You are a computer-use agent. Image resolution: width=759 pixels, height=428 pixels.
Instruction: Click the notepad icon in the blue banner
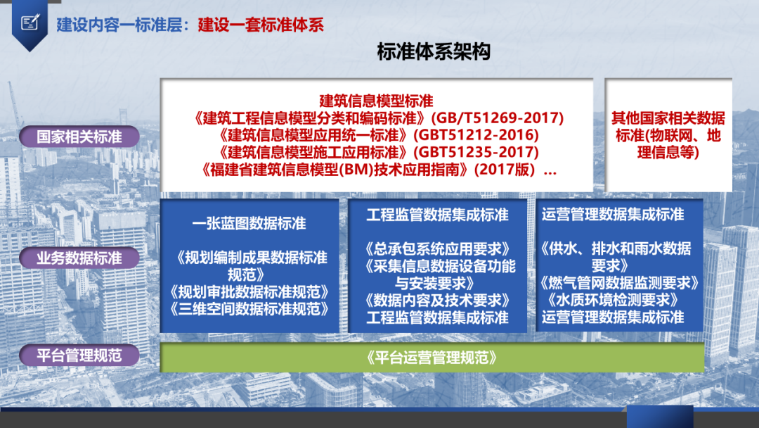[x=30, y=23]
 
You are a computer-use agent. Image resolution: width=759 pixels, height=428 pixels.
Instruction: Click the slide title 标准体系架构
[x=434, y=51]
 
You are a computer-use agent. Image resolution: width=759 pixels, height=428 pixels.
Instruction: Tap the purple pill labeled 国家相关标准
[x=79, y=137]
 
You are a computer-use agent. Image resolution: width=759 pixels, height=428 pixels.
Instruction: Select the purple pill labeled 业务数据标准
[x=79, y=258]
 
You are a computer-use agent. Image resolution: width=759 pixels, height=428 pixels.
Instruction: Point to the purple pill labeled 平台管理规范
[x=79, y=355]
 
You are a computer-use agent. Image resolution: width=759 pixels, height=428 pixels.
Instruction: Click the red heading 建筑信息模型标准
[x=376, y=101]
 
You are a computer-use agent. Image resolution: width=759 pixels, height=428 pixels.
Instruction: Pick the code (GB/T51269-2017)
[x=498, y=118]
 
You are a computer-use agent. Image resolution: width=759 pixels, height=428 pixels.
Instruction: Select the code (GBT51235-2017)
[x=476, y=152]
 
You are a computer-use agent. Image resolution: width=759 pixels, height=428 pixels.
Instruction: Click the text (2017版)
[x=506, y=170]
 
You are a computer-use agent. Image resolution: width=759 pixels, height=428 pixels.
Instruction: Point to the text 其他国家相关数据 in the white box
[x=668, y=118]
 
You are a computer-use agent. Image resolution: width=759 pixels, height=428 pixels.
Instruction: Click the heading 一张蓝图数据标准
[x=249, y=223]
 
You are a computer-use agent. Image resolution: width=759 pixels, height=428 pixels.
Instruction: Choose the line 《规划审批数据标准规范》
[x=249, y=292]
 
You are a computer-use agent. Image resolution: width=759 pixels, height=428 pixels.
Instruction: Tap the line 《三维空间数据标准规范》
[x=249, y=309]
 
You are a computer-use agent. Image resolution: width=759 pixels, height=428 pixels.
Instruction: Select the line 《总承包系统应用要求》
[x=437, y=248]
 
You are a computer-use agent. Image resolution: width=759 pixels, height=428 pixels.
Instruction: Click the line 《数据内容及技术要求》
[x=437, y=300]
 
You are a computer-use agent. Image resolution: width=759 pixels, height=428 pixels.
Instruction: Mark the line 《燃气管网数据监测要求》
[x=619, y=282]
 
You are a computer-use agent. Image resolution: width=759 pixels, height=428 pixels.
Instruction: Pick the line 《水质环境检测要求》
[x=612, y=300]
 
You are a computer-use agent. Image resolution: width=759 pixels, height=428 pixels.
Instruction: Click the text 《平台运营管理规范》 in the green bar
[x=432, y=358]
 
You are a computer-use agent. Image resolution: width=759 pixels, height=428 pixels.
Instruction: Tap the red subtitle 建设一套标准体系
[x=261, y=25]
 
